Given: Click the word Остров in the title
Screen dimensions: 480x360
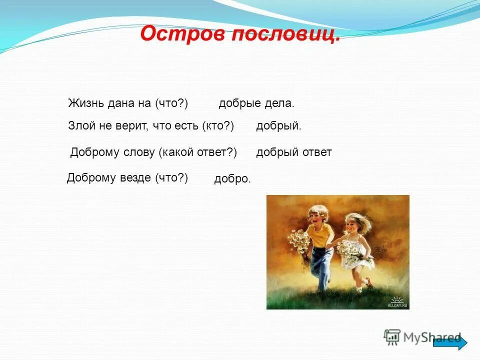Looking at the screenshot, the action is (183, 33).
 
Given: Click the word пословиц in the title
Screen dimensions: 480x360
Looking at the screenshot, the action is (285, 34).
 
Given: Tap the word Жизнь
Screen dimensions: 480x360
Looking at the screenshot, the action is (86, 103).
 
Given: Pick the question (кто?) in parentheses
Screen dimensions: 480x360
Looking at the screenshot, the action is (218, 126).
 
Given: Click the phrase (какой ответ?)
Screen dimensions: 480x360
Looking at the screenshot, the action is (198, 152).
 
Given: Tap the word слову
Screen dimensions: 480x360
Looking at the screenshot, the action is (138, 152).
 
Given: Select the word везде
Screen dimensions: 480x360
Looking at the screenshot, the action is (135, 177).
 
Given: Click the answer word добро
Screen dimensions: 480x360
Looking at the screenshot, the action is (232, 179).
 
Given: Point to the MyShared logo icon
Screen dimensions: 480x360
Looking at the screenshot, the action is (392, 337).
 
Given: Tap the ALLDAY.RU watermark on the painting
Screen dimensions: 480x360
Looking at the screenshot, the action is (397, 302).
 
